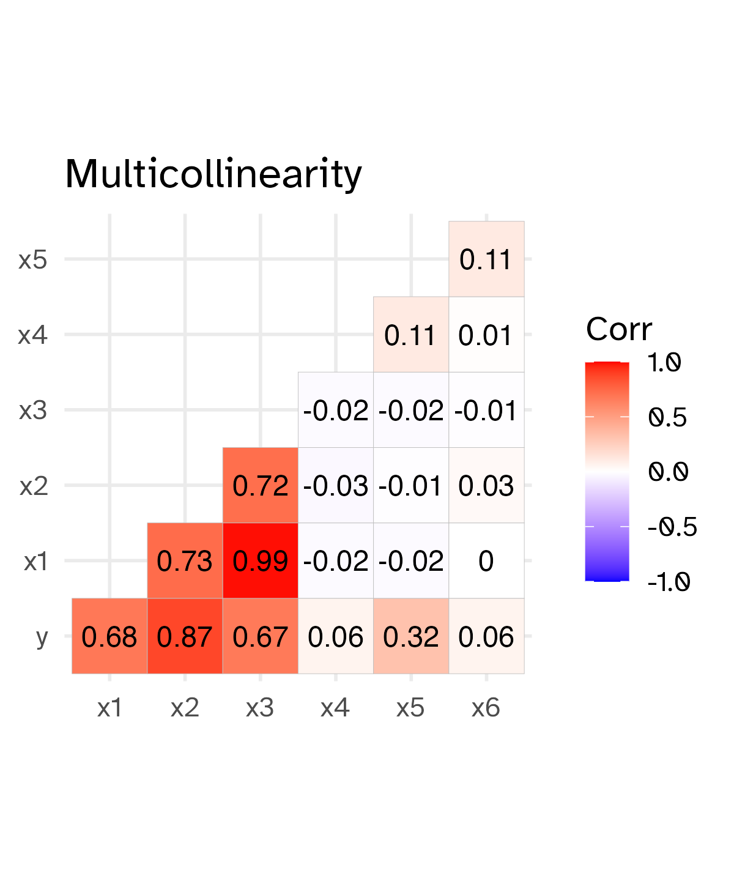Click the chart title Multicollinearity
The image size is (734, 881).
coord(213,174)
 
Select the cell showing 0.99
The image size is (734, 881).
coord(260,561)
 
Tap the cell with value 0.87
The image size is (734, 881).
coord(185,636)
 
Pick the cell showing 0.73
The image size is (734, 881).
coord(185,561)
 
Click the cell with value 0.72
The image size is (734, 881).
coord(260,486)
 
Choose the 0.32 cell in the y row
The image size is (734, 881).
coord(411,636)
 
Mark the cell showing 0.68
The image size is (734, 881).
coord(109,636)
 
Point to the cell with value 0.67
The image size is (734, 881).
coord(260,636)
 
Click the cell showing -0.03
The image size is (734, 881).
coord(336,486)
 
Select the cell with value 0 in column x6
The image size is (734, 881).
coord(486,561)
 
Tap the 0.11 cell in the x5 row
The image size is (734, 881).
coord(486,259)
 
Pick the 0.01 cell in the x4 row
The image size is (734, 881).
coord(486,335)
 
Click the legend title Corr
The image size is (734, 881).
coord(619,330)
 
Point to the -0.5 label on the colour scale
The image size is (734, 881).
coord(672,527)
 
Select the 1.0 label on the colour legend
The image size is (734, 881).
coord(664,363)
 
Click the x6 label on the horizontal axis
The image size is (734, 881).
coord(486,708)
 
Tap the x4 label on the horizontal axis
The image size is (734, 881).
coord(336,708)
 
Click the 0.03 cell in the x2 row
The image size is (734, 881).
coord(486,486)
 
